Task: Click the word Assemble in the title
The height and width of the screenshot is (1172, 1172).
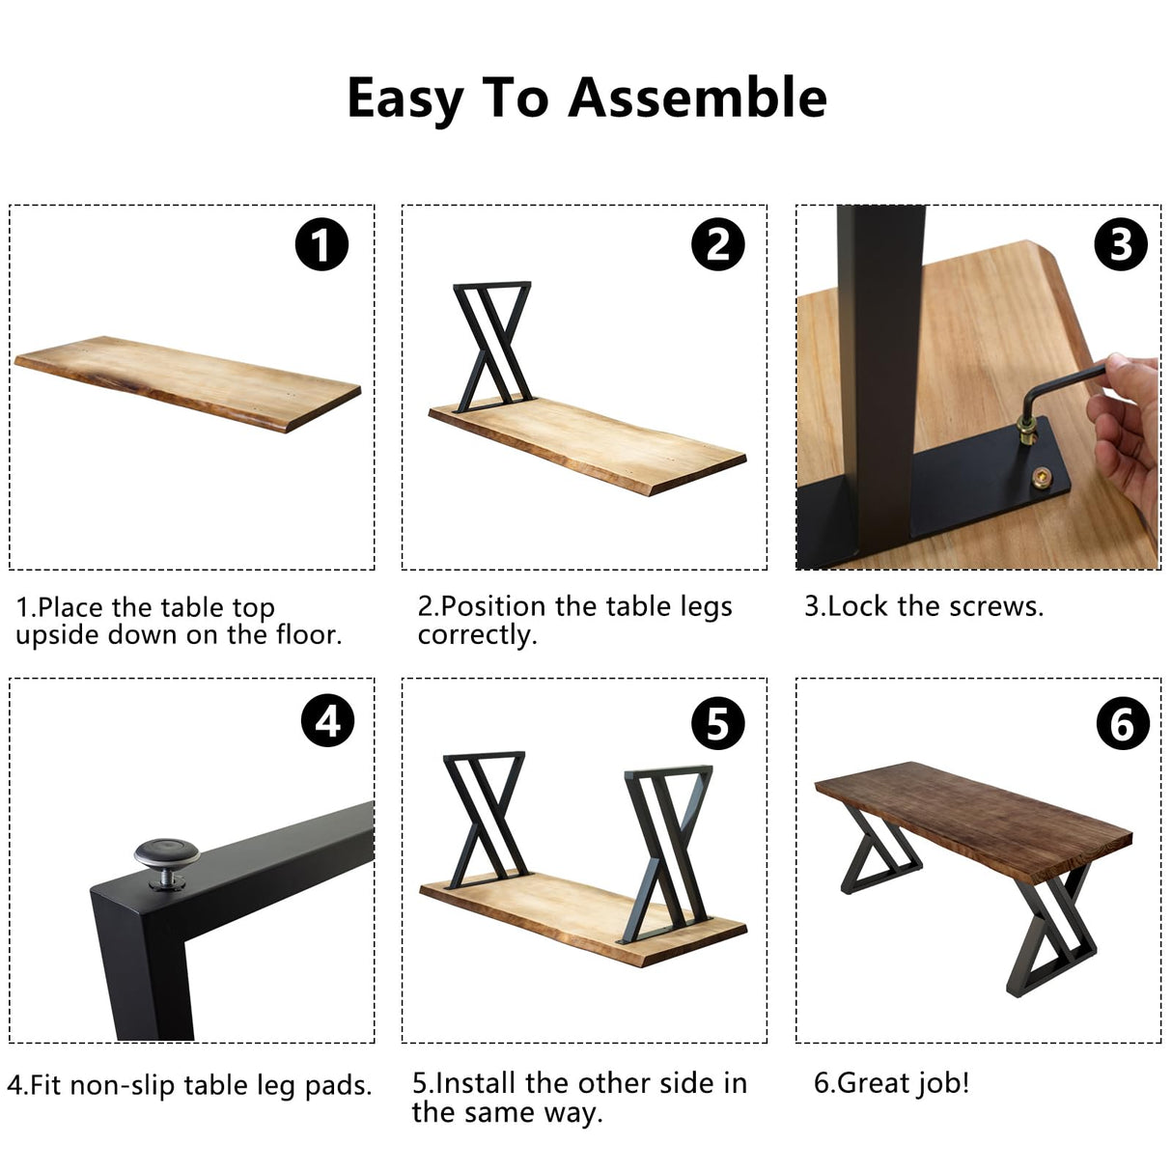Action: [697, 98]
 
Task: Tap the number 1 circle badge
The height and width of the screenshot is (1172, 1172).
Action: [321, 244]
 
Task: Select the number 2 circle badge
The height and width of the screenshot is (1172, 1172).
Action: [717, 244]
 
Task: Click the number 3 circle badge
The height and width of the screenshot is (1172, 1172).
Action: [1120, 244]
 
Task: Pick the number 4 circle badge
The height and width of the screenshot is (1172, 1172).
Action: [327, 721]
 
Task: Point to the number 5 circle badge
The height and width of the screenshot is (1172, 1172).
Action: [717, 723]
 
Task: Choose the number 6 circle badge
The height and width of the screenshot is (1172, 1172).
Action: [1122, 723]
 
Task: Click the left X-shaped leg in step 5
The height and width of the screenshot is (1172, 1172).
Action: [486, 816]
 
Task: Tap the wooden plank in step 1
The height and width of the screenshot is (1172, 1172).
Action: [188, 383]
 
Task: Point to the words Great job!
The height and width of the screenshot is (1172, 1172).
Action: [891, 1083]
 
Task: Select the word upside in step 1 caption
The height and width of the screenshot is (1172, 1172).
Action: [58, 635]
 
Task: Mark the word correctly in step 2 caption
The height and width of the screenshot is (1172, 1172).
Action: [477, 635]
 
